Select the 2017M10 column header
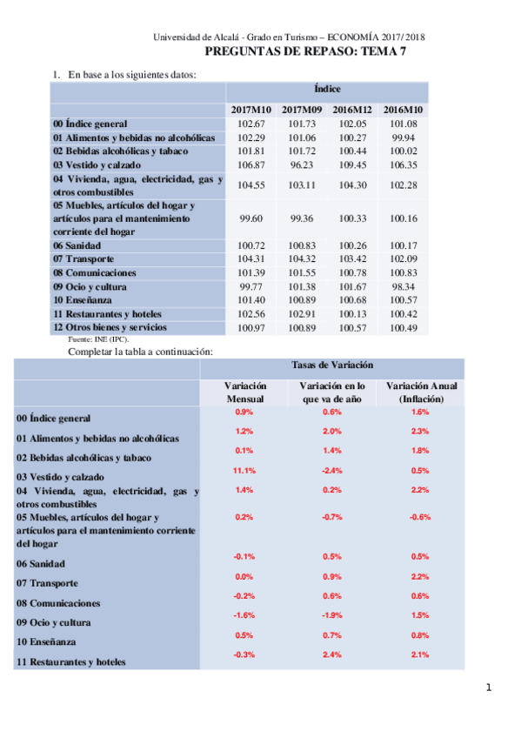251,109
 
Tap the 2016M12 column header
353,109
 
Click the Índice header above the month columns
327,89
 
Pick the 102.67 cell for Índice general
250,124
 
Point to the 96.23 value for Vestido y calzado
302,164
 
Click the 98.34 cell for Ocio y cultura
404,285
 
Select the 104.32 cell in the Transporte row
302,258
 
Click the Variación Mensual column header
244,392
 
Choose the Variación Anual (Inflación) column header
421,392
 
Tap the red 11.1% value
244,470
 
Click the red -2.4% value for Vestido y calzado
331,470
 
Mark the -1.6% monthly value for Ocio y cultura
244,615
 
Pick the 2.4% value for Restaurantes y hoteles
331,654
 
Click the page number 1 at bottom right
489,688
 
